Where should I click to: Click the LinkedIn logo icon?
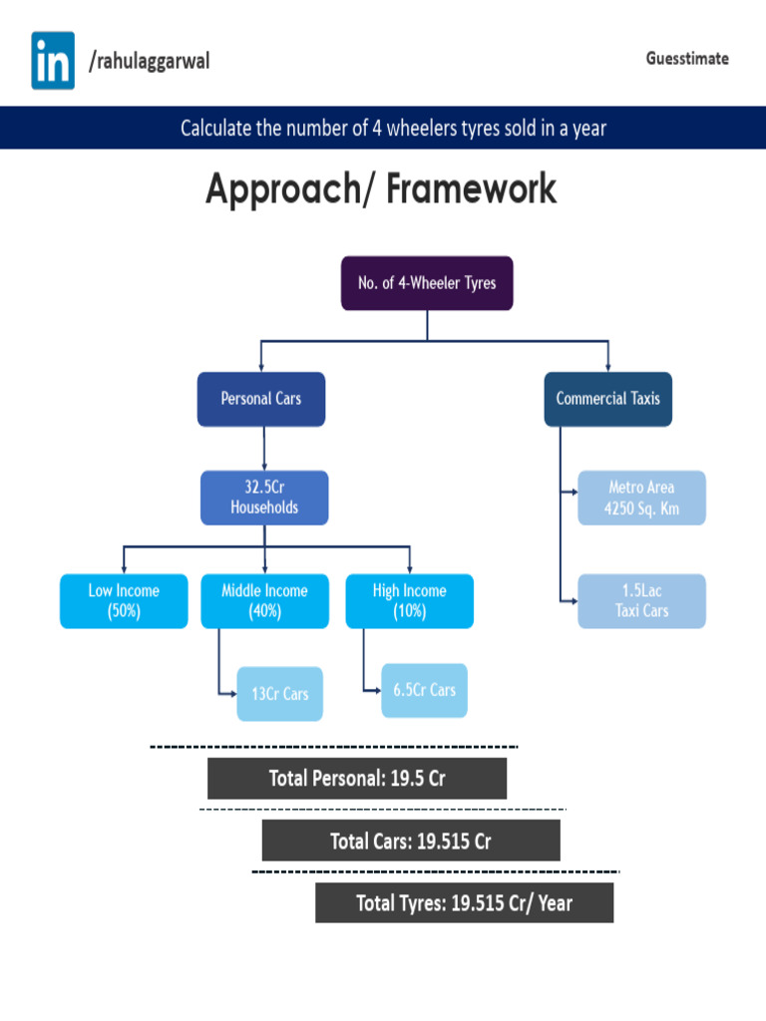click(x=53, y=61)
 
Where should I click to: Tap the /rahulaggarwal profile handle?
click(x=149, y=62)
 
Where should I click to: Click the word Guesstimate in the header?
click(x=686, y=59)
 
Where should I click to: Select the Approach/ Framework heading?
click(x=381, y=189)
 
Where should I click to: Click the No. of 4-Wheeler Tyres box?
click(x=427, y=283)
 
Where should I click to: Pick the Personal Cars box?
click(x=261, y=399)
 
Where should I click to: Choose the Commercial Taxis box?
click(x=607, y=399)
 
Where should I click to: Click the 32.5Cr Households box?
click(x=264, y=498)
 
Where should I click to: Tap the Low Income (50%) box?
click(x=124, y=601)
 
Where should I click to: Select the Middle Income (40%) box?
click(x=264, y=601)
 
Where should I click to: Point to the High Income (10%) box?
click(x=410, y=601)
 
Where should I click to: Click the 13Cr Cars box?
click(x=280, y=694)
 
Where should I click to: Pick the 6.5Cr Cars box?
click(x=425, y=690)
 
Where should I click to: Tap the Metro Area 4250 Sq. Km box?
click(x=641, y=498)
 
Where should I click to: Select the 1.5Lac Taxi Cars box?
click(x=641, y=601)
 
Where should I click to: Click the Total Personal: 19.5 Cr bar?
click(x=357, y=779)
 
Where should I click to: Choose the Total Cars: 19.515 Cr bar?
click(x=411, y=841)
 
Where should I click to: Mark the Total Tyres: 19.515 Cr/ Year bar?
click(x=465, y=903)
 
